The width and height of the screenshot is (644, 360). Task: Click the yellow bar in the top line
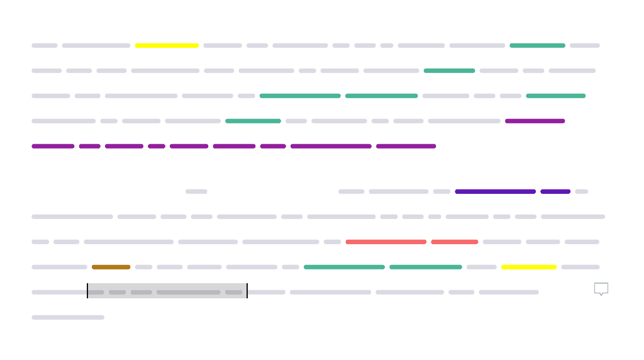coord(167,45)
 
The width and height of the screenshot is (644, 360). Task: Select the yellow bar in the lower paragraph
coord(529,267)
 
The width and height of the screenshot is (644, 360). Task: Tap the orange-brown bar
coord(111,267)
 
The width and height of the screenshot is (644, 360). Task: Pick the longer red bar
coord(386,242)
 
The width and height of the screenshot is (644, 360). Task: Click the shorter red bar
coord(455,242)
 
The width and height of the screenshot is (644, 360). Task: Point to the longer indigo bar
coord(496,191)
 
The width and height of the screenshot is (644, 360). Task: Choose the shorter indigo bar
coord(555,191)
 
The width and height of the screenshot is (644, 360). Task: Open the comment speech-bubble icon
coord(601,288)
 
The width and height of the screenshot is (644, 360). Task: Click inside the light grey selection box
coord(167,291)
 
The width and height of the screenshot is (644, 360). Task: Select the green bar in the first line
coord(538,45)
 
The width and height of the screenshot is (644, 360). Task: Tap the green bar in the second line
coord(449,70)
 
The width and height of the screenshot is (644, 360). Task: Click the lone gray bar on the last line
coord(68,317)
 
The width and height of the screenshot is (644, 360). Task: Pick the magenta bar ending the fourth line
coord(535,121)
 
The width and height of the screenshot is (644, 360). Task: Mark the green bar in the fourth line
coord(253,121)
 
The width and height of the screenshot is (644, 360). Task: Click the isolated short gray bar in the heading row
coord(196,191)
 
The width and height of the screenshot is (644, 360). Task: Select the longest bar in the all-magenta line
coord(331,146)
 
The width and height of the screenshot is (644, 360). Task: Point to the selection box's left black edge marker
coord(87,291)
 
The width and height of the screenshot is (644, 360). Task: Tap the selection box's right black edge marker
coord(247,291)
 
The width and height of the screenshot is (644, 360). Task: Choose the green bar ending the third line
coord(556,96)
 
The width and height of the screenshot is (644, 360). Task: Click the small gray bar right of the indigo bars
coord(582,191)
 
